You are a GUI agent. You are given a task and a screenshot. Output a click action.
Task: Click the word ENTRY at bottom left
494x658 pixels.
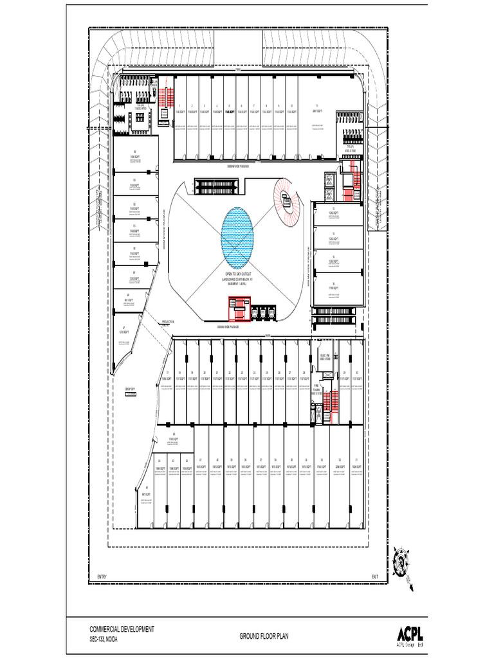(101, 575)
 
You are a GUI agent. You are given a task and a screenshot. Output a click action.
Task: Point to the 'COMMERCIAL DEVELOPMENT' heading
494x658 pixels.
(122, 630)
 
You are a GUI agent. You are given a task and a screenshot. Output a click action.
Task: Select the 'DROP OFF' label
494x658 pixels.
(131, 389)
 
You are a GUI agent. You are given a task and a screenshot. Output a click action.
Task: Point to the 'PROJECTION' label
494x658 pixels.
(169, 321)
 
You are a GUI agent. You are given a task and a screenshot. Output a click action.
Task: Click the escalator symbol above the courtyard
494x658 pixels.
(219, 186)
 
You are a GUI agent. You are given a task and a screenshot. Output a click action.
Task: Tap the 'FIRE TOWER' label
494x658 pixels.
(317, 387)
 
